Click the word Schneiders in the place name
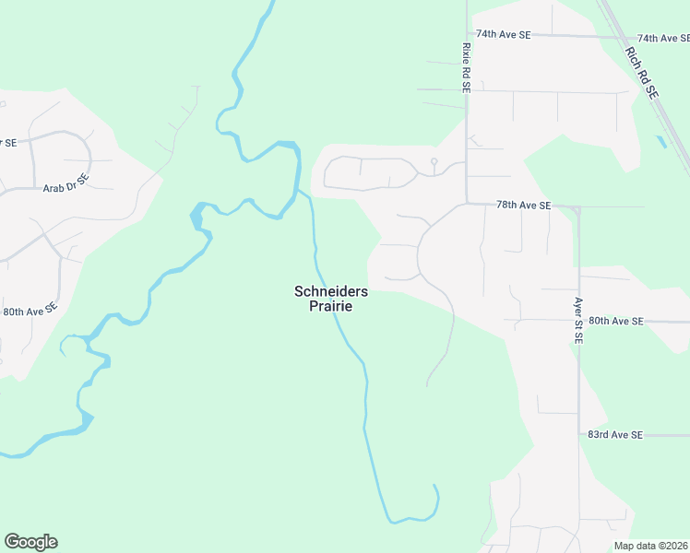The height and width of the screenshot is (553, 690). click(x=331, y=291)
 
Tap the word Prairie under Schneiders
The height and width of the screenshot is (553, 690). click(x=331, y=306)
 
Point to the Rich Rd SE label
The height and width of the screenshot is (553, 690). click(x=641, y=73)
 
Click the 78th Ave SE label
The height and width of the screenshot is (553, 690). click(x=523, y=205)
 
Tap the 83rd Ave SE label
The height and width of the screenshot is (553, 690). click(x=615, y=434)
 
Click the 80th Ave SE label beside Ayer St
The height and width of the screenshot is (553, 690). click(x=615, y=321)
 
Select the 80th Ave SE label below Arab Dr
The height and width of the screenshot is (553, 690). click(x=30, y=312)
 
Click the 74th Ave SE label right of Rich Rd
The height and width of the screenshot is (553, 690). click(x=662, y=39)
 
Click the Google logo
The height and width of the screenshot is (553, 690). click(x=30, y=542)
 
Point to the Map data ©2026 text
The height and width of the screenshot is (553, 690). click(x=651, y=546)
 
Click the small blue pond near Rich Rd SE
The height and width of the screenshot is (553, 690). click(x=660, y=143)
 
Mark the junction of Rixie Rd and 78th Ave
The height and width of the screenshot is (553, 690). click(x=467, y=204)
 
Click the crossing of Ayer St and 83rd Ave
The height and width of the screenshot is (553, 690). click(x=579, y=434)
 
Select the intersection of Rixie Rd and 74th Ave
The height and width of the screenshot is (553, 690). click(x=467, y=35)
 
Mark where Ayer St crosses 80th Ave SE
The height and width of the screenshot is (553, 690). click(x=579, y=322)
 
